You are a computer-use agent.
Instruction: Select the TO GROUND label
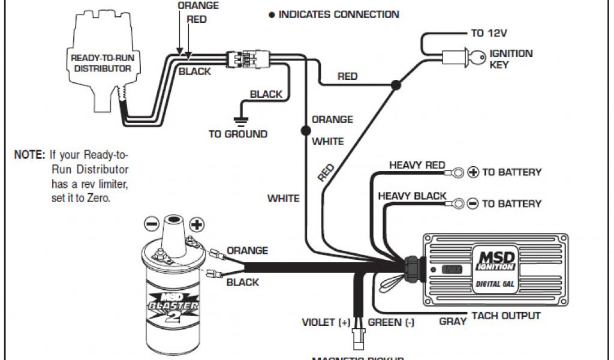click(238, 134)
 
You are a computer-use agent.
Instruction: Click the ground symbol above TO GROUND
click(241, 121)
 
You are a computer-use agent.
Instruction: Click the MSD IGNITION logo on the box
click(495, 259)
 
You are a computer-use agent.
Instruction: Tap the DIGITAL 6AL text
click(495, 284)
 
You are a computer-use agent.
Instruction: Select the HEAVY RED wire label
click(417, 165)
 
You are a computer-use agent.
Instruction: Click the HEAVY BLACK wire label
click(412, 196)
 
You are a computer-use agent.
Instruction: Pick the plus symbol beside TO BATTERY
click(473, 173)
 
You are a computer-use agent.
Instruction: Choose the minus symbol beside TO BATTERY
click(472, 204)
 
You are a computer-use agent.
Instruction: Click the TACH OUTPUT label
click(505, 316)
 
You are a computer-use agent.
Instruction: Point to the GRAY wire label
click(453, 322)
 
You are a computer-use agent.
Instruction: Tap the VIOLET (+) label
click(326, 322)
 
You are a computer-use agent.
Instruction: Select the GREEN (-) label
click(391, 322)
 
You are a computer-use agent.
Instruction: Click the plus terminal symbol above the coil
click(197, 225)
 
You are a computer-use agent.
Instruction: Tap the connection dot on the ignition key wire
click(395, 86)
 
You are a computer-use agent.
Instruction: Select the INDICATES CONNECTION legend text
click(338, 14)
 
